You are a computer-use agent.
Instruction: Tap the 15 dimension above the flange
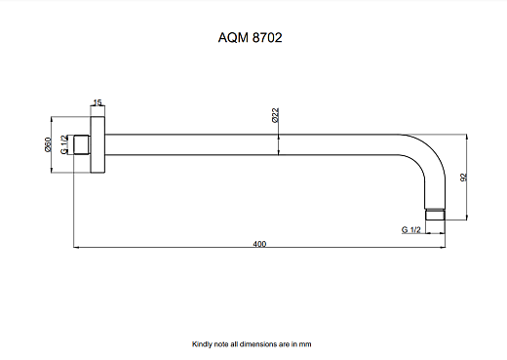97,101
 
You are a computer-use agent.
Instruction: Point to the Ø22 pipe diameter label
276,115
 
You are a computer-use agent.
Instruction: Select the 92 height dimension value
465,178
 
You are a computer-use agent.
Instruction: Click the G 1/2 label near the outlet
410,230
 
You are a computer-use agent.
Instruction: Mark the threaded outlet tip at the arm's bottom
436,212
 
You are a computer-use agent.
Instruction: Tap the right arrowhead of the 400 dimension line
444,248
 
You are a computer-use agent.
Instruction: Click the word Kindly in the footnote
202,343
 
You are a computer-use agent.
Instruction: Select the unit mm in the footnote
306,343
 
